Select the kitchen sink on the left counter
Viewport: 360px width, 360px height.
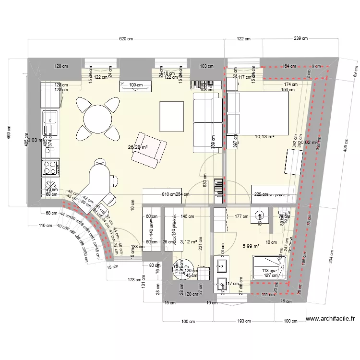[x=50, y=118]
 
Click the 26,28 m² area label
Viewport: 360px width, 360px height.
[x=138, y=147]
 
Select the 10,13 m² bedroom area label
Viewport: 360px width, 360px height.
[x=264, y=136]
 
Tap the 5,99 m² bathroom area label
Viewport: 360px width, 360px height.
[x=251, y=246]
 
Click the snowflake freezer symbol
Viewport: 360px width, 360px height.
[x=50, y=185]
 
